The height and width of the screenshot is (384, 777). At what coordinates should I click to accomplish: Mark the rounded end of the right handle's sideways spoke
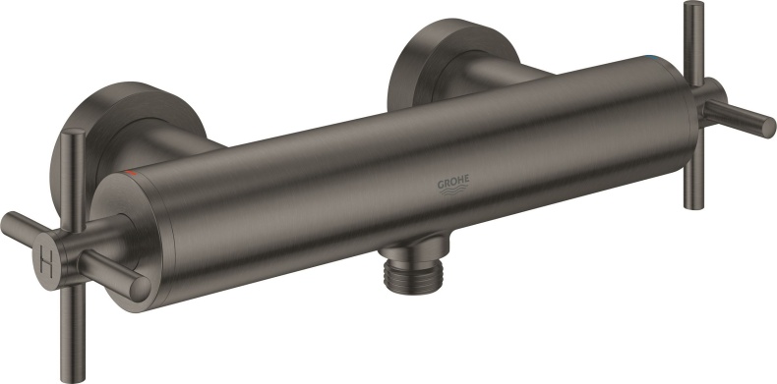(x=766, y=128)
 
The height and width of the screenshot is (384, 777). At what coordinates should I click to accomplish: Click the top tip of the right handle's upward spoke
(x=692, y=8)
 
